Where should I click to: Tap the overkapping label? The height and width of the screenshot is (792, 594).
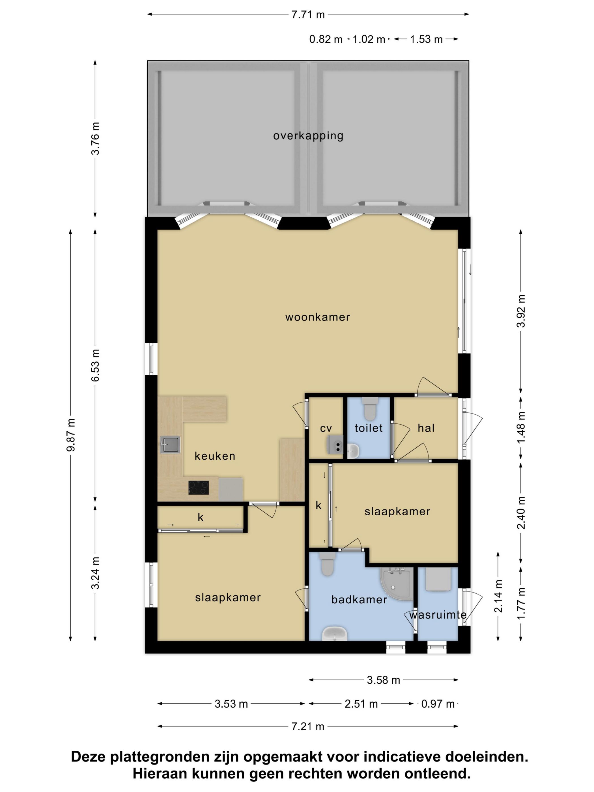(308, 136)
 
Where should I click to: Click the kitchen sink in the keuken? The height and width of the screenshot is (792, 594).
(170, 445)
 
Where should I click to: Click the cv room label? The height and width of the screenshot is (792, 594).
(326, 428)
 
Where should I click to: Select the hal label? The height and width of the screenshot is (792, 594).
(426, 428)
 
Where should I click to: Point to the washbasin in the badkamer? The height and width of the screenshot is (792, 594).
(334, 634)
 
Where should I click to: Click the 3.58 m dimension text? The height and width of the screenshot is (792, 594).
(383, 680)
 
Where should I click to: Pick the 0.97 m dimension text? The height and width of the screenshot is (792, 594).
(438, 704)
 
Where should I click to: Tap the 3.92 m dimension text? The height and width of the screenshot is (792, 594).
(521, 311)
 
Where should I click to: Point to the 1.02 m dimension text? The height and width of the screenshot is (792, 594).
(369, 39)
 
